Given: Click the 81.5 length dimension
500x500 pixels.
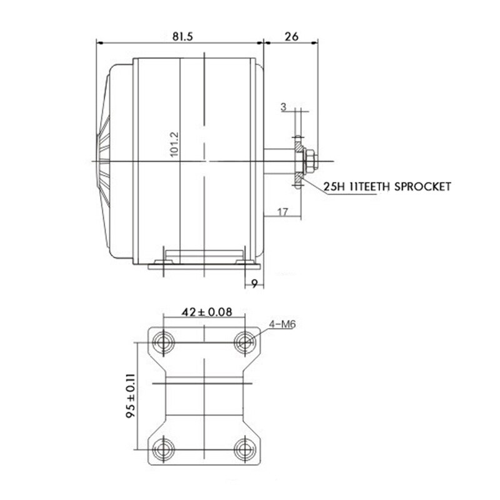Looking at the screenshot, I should tap(182, 37).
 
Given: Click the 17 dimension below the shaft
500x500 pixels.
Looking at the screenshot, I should tap(281, 212).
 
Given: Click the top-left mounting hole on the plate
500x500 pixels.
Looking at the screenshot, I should tap(165, 341).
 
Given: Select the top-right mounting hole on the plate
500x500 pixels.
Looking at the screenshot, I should tap(244, 341).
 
